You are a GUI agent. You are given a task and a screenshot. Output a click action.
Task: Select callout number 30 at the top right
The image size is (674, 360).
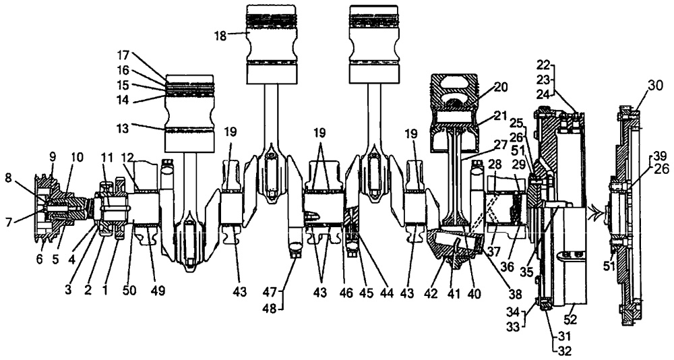[653, 86]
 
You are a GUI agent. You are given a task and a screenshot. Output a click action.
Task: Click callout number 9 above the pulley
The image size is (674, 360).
[53, 157]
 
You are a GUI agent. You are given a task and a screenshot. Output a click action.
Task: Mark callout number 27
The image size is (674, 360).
[499, 144]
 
